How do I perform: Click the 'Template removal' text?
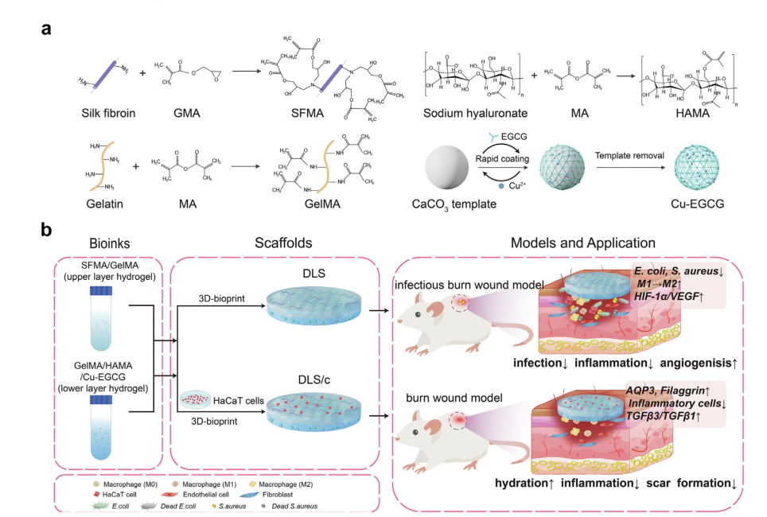coord(625,155)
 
